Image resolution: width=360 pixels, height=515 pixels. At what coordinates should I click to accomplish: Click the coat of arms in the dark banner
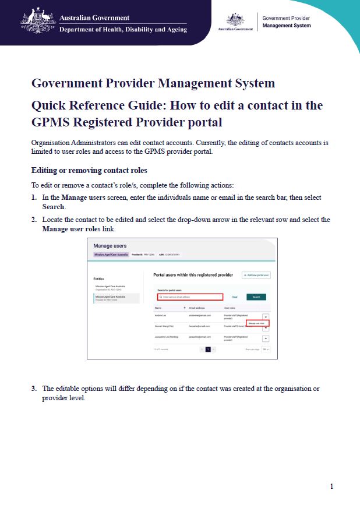click(x=38, y=21)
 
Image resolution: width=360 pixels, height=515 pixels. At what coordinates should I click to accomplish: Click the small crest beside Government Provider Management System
click(x=235, y=21)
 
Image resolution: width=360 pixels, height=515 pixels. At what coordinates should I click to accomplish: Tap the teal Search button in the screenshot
click(x=256, y=297)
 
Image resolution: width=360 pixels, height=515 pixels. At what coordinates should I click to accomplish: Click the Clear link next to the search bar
click(x=235, y=297)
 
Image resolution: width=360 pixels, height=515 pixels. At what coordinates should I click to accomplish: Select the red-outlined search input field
click(x=190, y=297)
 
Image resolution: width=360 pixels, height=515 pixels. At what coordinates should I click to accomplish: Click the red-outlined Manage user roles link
click(x=257, y=323)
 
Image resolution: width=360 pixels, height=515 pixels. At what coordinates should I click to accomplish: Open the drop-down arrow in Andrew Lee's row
click(x=266, y=316)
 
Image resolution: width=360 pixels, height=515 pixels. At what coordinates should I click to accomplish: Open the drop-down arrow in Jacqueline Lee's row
click(x=266, y=338)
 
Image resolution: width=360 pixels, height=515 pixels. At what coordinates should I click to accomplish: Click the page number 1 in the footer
click(x=331, y=486)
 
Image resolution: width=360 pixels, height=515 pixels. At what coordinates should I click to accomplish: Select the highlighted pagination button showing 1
click(x=207, y=350)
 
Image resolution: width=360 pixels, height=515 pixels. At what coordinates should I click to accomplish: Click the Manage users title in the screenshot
click(x=110, y=246)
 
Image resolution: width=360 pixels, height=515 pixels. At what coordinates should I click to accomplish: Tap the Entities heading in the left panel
click(x=99, y=278)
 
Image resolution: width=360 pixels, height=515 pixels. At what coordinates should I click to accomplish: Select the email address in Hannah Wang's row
click(x=200, y=326)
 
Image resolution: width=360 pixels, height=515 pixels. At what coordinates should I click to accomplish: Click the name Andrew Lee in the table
click(x=160, y=315)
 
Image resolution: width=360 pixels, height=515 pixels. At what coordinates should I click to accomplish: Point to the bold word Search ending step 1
click(x=54, y=207)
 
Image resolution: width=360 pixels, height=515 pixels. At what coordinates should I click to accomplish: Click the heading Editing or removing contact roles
click(x=89, y=171)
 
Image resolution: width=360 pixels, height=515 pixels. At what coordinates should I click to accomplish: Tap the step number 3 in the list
click(x=34, y=388)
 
